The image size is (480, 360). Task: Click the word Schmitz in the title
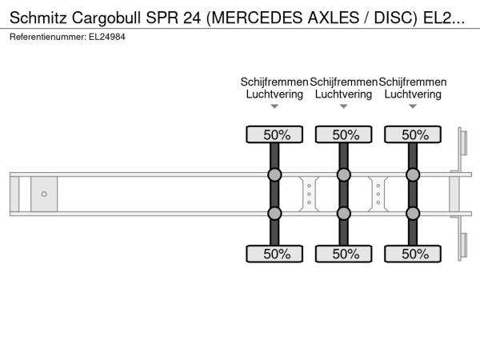pos(38,18)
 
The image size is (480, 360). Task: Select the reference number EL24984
pos(107,37)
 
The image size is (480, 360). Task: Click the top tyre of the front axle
pos(274,134)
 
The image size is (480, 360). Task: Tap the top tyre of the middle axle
pos(344,134)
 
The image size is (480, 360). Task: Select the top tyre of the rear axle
pos(413,134)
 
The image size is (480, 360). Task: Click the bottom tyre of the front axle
pos(274,254)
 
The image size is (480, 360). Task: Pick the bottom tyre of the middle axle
pos(344,254)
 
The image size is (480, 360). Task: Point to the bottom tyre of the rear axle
pos(413,254)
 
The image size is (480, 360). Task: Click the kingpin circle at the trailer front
pos(44,194)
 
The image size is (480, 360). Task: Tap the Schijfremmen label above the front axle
pos(274,82)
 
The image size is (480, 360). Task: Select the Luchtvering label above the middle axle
pos(344,94)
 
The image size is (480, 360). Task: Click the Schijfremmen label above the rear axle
pos(413,82)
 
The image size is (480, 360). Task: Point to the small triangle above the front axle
pos(274,106)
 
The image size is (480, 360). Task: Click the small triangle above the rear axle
pos(413,106)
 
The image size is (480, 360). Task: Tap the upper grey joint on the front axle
pos(274,174)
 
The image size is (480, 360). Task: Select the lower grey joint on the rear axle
pos(413,214)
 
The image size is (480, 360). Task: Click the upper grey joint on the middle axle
pos(344,174)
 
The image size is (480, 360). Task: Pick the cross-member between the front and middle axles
pos(309,194)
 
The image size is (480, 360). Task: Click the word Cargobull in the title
pos(106,18)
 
